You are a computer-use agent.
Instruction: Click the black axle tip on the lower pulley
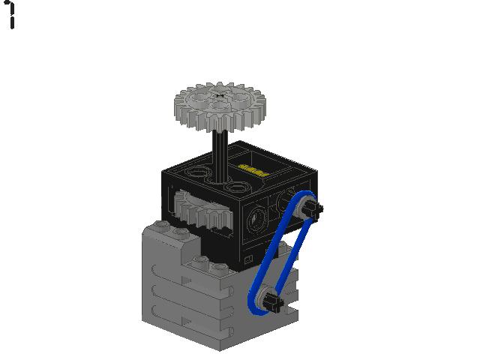pyautogui.click(x=277, y=304)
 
